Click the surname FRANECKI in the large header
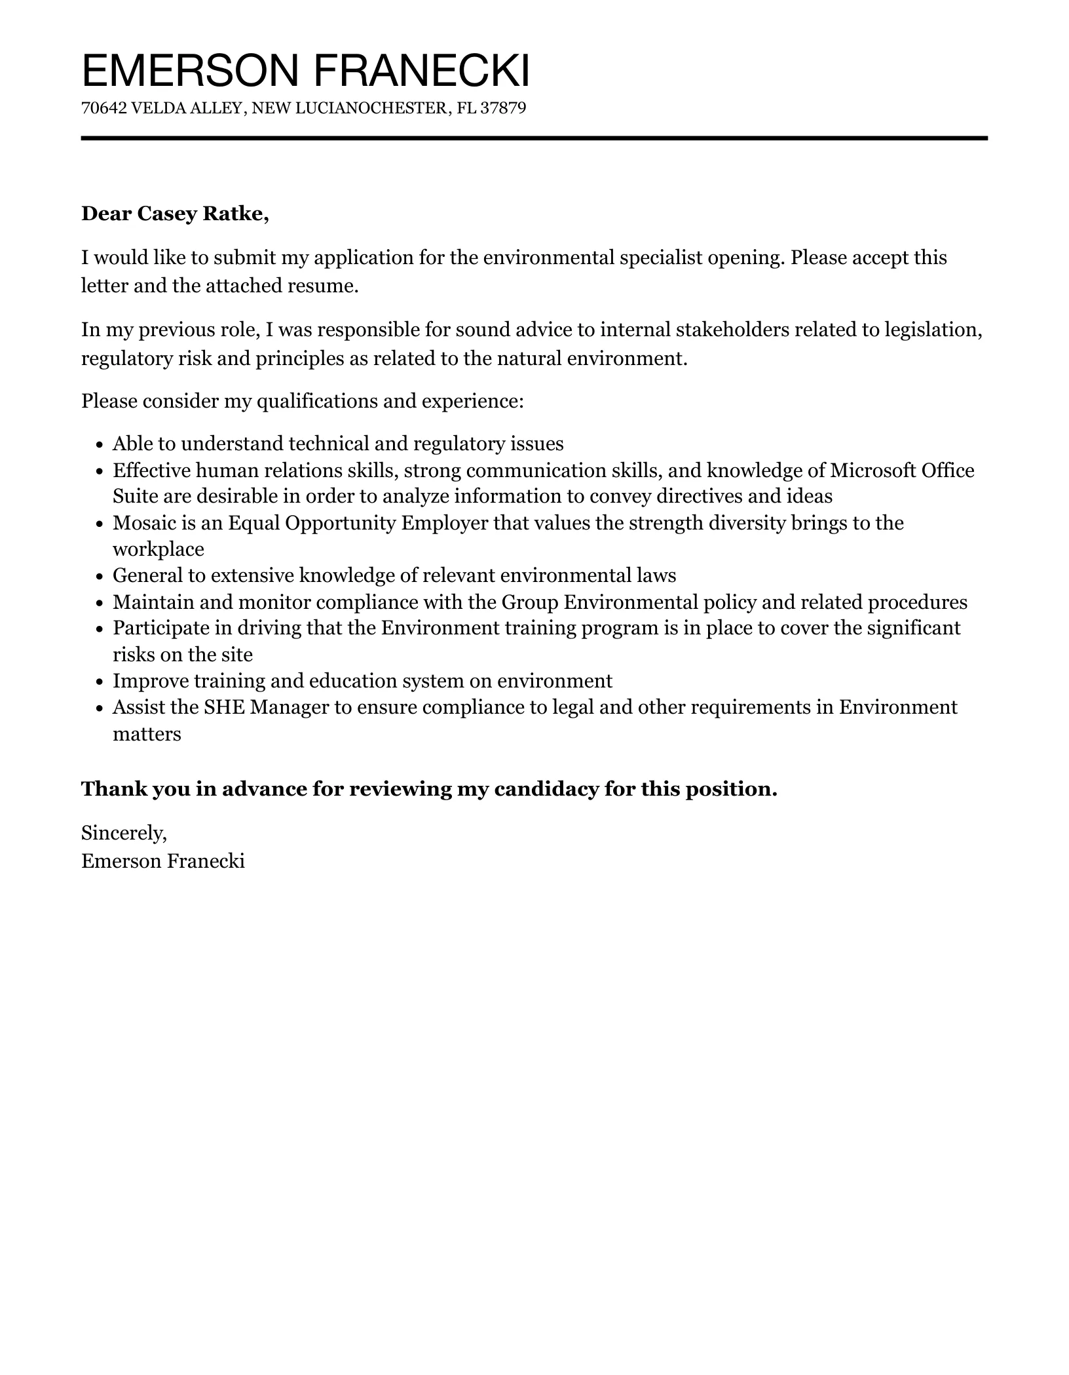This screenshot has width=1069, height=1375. pos(422,71)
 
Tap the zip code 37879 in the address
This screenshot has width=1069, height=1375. pos(503,108)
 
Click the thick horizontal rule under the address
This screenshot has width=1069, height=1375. pos(534,138)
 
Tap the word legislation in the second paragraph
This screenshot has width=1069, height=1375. pos(933,329)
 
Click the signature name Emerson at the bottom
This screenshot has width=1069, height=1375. pos(121,861)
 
